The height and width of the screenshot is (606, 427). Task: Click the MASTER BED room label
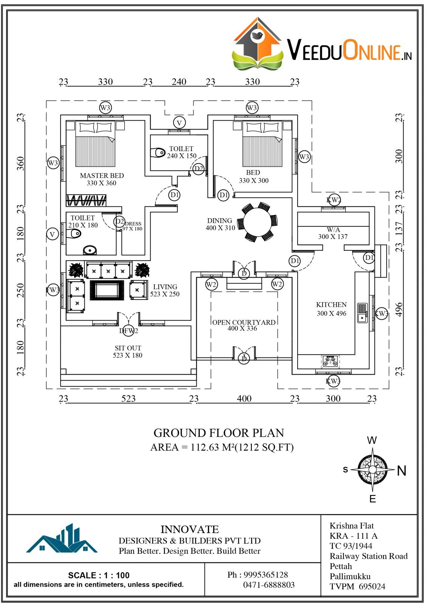tap(102, 176)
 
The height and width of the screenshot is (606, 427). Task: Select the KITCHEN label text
tap(331, 305)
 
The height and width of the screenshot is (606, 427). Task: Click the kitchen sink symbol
tap(362, 313)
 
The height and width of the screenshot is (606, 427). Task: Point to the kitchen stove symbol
tap(330, 362)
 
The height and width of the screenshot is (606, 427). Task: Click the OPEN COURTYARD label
tap(244, 322)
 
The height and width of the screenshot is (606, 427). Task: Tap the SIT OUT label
tap(128, 348)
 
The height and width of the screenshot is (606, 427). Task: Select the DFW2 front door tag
tap(129, 331)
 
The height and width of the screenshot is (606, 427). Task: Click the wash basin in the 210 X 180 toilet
tap(90, 250)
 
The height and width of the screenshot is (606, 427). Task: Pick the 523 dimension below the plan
tap(129, 398)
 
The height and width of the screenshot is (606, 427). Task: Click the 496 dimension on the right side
tap(399, 309)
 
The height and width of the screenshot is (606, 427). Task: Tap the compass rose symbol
tap(373, 470)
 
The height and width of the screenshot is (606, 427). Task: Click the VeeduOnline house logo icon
tap(257, 44)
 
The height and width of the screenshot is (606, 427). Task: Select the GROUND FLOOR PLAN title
tap(219, 433)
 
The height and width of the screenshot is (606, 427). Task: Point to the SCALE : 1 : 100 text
tap(99, 575)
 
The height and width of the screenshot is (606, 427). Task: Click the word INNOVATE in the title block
tap(189, 529)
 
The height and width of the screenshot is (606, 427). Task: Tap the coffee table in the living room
tap(107, 290)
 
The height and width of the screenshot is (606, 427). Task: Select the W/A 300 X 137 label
tap(333, 233)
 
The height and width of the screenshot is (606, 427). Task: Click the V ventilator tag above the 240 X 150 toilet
tap(179, 123)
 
